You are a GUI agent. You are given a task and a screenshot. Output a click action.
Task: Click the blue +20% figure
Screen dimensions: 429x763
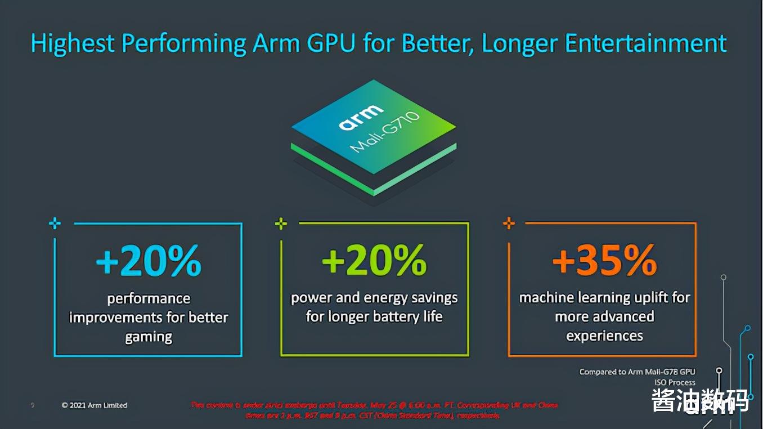(x=148, y=260)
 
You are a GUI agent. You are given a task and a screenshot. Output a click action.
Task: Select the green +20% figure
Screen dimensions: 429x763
(x=374, y=260)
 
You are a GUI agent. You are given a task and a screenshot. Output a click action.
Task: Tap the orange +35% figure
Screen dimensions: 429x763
(x=604, y=260)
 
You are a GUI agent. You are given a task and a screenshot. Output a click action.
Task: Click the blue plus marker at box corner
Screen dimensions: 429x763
(x=55, y=224)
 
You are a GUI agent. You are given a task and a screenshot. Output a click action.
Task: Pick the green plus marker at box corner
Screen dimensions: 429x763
(x=281, y=224)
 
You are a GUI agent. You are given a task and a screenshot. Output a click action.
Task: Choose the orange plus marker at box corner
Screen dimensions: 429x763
(x=509, y=224)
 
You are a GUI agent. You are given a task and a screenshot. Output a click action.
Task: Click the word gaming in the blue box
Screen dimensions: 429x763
(x=149, y=337)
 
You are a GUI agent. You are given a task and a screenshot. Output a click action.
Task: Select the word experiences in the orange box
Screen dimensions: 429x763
(x=604, y=336)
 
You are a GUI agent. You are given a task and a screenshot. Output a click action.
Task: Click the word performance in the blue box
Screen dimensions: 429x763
(x=149, y=298)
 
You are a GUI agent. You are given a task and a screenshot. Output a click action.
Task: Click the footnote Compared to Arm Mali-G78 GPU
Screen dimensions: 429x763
(x=637, y=372)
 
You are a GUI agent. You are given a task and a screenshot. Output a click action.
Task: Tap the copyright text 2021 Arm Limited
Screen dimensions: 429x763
(x=95, y=405)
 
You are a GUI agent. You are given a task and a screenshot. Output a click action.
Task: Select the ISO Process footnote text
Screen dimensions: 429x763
(x=674, y=382)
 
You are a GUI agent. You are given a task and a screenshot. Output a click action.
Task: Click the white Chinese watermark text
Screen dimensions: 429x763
(x=700, y=401)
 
